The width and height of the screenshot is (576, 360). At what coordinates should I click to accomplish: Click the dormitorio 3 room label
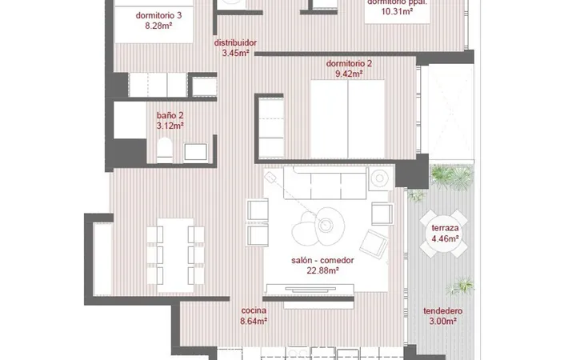click(x=158, y=15)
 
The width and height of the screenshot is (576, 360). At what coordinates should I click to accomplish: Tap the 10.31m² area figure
click(x=397, y=11)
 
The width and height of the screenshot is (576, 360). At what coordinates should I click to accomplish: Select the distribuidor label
click(x=235, y=42)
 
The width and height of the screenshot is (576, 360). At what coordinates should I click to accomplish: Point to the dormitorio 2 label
click(x=349, y=63)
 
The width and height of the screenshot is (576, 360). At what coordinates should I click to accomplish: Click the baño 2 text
click(x=170, y=115)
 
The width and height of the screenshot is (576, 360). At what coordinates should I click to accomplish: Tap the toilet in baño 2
click(x=164, y=150)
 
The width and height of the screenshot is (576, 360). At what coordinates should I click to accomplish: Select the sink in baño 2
click(x=195, y=152)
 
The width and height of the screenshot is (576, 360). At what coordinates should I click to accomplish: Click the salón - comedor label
click(x=322, y=261)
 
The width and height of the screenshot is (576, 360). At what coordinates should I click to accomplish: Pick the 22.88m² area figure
click(x=322, y=270)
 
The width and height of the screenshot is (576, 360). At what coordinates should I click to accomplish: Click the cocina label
click(x=254, y=310)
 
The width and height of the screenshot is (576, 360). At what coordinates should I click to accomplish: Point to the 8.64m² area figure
click(x=254, y=321)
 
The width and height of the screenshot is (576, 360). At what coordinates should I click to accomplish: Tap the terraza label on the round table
click(x=445, y=228)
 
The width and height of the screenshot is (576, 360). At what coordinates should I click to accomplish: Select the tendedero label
click(x=442, y=311)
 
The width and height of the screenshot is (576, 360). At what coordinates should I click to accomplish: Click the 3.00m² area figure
click(x=442, y=322)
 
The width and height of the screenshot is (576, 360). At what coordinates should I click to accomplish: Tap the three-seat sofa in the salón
click(x=325, y=182)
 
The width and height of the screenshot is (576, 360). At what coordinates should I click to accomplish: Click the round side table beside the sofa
click(x=379, y=178)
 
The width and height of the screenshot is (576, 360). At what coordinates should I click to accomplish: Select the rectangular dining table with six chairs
click(x=175, y=255)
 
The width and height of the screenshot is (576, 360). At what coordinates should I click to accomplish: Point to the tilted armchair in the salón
click(x=374, y=244)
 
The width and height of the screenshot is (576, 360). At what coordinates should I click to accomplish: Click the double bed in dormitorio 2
click(x=347, y=119)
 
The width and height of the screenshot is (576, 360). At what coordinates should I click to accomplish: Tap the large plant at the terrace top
click(x=452, y=177)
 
